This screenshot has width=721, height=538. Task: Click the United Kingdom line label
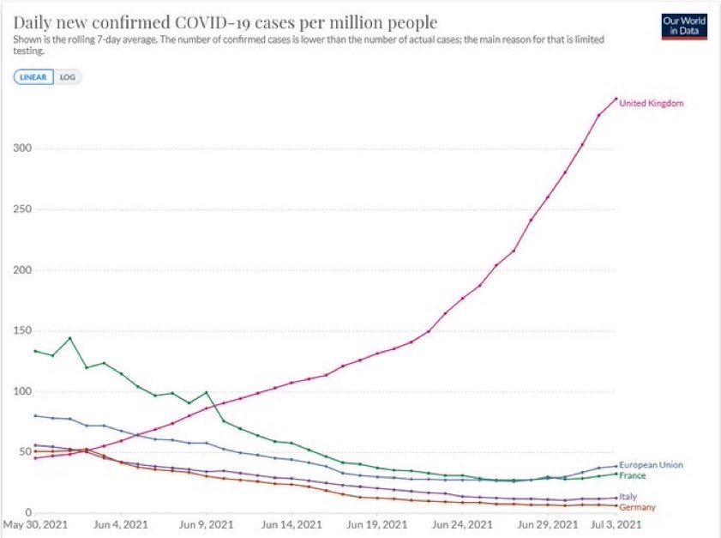pos(651,104)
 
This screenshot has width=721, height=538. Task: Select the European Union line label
pos(651,465)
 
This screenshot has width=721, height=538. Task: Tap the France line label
pos(633,475)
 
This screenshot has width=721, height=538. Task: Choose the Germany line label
pos(637,507)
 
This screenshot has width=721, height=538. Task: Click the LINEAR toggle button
pos(33,76)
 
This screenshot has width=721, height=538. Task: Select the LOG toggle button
pos(67,76)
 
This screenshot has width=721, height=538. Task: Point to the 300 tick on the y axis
pos(22,148)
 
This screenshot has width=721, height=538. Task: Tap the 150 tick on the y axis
pos(22,331)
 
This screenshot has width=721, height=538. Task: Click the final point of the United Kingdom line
pos(616,99)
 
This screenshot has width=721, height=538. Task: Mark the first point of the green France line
pos(36,351)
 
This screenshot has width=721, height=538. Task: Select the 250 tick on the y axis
pos(22,209)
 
